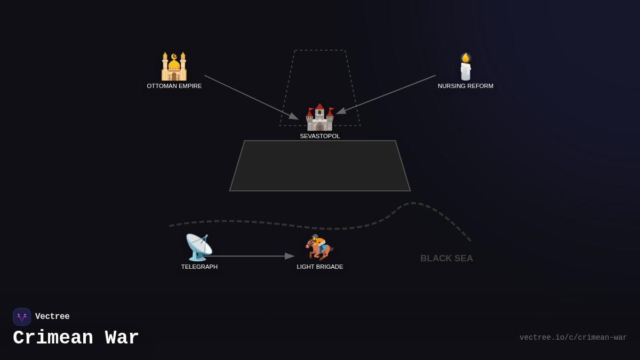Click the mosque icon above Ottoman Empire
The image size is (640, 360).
174,66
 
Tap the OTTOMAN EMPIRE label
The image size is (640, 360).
174,86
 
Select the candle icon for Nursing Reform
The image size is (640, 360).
466,67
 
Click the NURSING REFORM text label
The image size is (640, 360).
466,86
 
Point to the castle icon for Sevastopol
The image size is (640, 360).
319,117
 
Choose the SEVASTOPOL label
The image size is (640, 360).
320,136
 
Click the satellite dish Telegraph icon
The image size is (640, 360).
198,247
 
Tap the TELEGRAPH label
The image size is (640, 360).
199,267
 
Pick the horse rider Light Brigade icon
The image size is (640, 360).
319,247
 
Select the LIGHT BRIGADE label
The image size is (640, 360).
320,267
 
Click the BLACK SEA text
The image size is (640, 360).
446,259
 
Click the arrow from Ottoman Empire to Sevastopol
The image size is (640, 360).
251,97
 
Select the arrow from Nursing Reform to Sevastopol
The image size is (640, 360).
386,94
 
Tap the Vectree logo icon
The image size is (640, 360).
22,317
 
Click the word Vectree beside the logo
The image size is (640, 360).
52,317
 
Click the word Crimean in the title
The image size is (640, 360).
53,338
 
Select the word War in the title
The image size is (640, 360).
122,338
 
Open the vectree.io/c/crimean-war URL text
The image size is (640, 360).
573,338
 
